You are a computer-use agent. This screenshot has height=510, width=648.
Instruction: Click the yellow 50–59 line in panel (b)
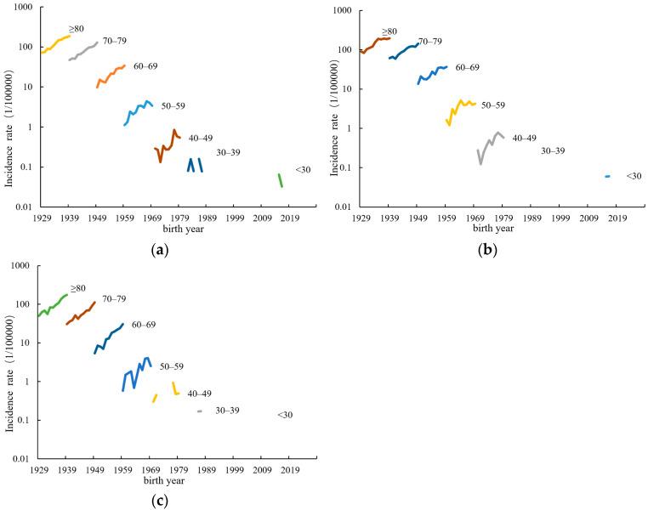(x=460, y=107)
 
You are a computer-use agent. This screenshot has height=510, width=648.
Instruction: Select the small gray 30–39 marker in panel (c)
(x=200, y=411)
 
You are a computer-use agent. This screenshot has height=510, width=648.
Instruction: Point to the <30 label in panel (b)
(x=634, y=176)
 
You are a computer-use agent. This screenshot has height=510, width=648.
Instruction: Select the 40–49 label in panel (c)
(x=199, y=394)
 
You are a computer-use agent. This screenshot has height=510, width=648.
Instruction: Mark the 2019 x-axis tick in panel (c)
(x=289, y=470)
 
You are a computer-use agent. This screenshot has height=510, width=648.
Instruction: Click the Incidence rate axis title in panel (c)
(x=10, y=362)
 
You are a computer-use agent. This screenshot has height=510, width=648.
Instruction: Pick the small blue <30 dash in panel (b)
(x=607, y=176)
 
